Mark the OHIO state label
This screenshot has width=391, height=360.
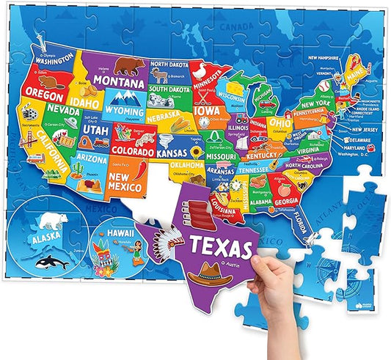pyautogui.click(x=279, y=122)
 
